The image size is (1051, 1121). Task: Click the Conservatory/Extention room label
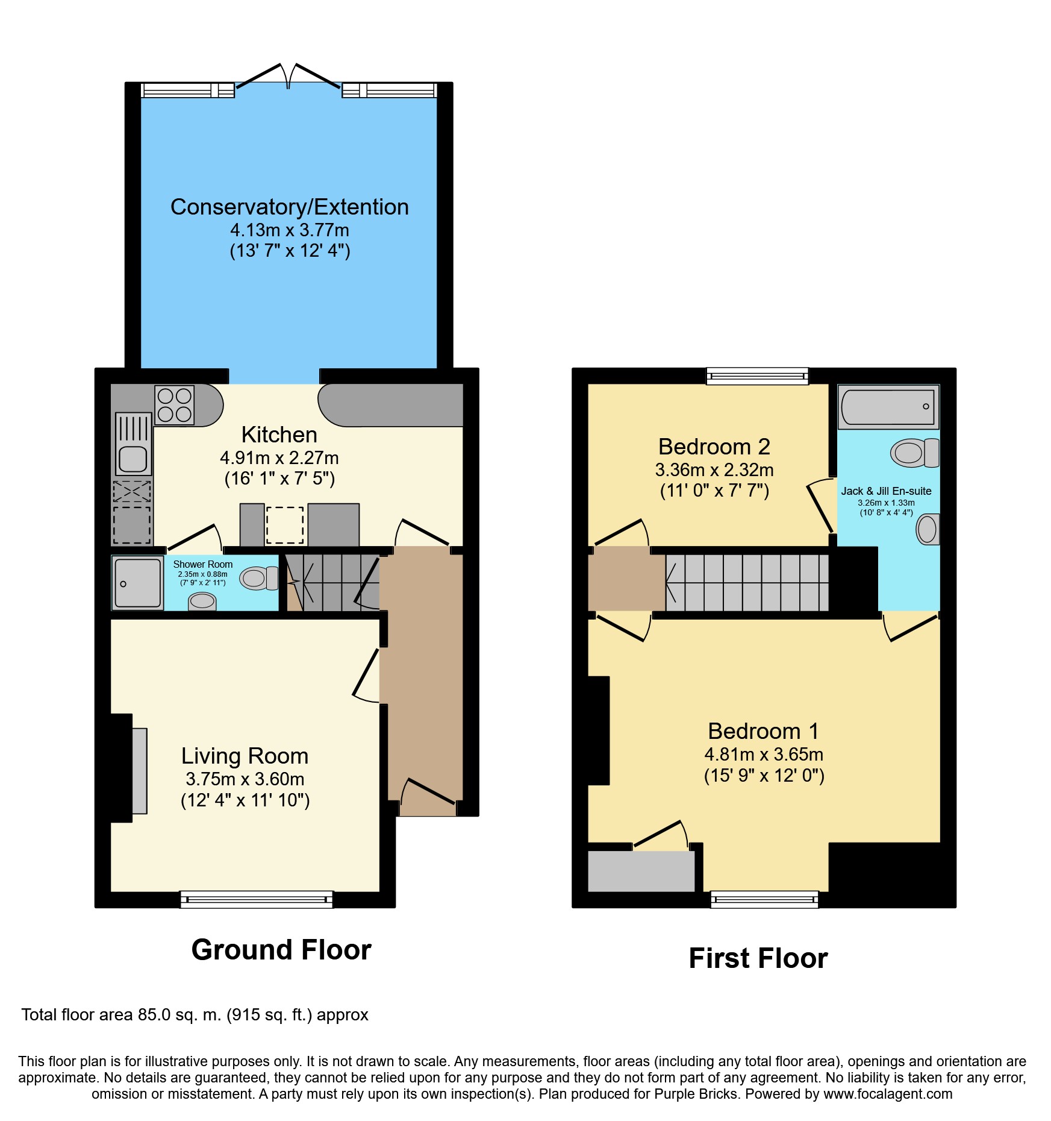(289, 207)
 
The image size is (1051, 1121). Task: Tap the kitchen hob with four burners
(175, 405)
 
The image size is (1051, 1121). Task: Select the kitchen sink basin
(133, 459)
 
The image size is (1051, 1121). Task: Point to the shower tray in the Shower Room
(137, 583)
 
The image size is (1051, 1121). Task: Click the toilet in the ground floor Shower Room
(259, 578)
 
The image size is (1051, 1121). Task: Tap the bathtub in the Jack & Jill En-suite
(888, 406)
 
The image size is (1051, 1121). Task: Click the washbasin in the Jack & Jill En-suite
(928, 529)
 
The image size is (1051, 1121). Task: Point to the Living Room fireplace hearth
(139, 771)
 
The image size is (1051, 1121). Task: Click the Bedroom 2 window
(758, 376)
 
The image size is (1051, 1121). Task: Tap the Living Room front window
(257, 899)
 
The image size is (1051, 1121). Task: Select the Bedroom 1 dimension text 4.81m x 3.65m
(764, 754)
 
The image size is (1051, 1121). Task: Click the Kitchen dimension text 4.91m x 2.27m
(279, 458)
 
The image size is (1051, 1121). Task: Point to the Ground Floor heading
(281, 950)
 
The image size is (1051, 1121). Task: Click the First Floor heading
(758, 958)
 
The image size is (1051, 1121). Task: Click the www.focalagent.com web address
(888, 1094)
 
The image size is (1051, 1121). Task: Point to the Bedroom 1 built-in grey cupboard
(641, 871)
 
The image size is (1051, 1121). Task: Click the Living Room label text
(245, 756)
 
